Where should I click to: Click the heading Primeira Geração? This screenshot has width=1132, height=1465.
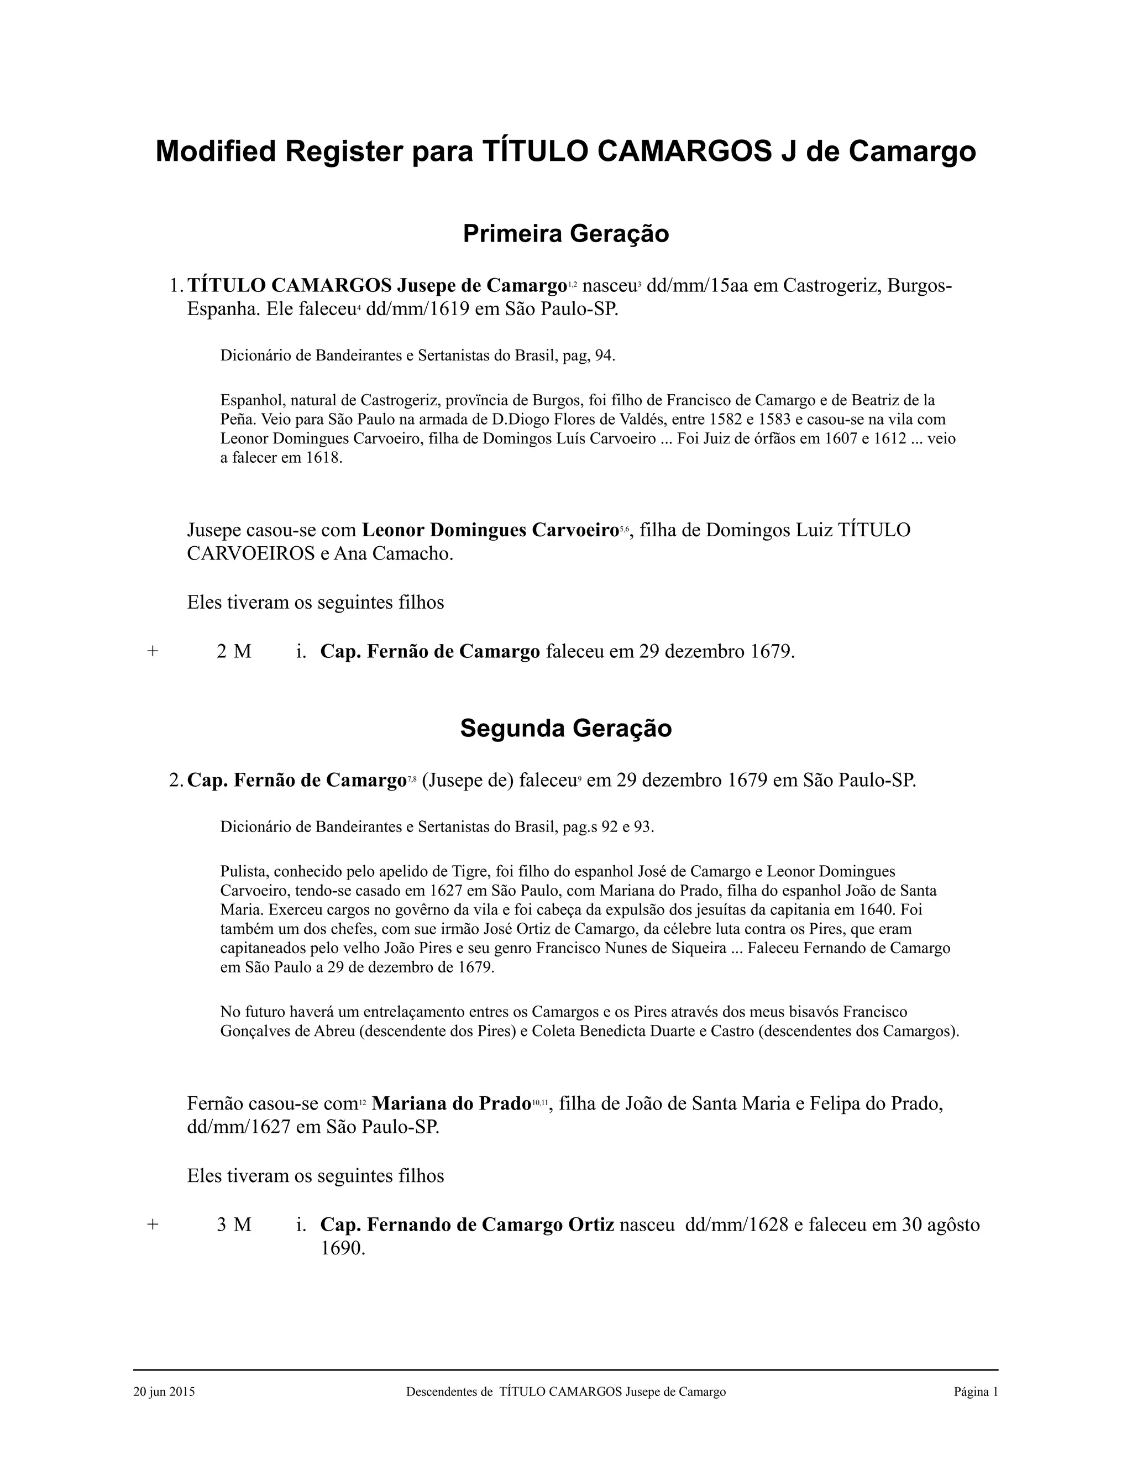pyautogui.click(x=565, y=233)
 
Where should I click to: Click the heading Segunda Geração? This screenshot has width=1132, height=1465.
pyautogui.click(x=565, y=728)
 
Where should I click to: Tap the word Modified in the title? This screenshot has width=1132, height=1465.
pyautogui.click(x=216, y=151)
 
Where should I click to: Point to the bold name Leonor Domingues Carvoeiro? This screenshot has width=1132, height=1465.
pyautogui.click(x=490, y=530)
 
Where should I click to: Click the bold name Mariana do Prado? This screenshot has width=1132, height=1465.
pyautogui.click(x=450, y=1103)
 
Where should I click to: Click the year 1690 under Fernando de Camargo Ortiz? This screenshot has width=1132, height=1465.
pyautogui.click(x=342, y=1248)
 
